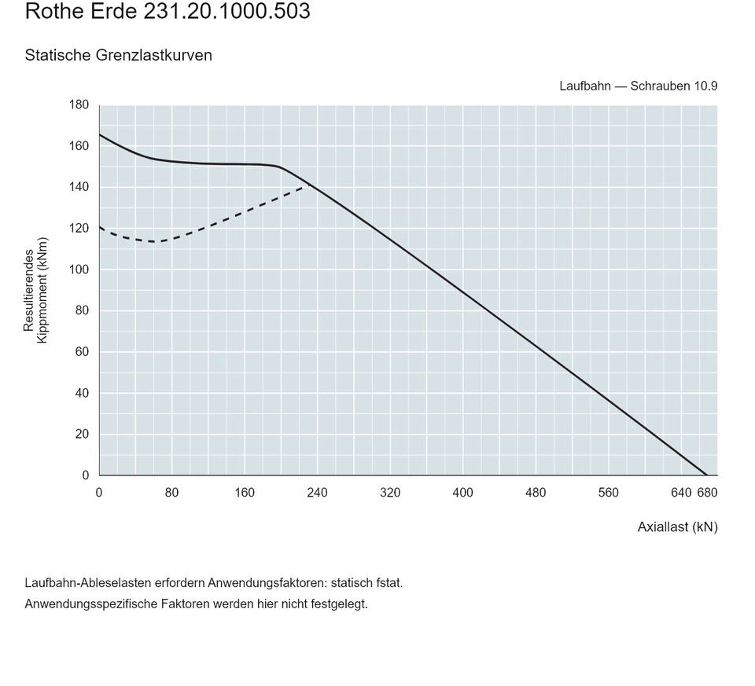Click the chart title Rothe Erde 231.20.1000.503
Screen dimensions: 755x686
click(168, 11)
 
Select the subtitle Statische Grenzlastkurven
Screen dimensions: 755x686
click(119, 55)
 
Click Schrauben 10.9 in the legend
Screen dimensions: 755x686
click(674, 86)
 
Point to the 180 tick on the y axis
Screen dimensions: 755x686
click(79, 105)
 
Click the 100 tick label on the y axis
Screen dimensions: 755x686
click(79, 270)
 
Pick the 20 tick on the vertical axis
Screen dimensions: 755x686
click(83, 434)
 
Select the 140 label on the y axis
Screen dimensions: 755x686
click(79, 187)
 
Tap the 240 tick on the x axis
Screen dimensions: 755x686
click(317, 493)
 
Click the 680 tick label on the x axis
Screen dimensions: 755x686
click(707, 493)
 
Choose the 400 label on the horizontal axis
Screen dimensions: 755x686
click(462, 493)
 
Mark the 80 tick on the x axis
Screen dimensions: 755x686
click(172, 493)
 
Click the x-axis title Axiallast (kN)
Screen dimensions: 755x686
click(677, 527)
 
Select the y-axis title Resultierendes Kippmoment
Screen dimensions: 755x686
click(35, 290)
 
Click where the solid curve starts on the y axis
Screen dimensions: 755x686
click(100, 134)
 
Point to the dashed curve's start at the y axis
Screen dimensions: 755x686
click(100, 227)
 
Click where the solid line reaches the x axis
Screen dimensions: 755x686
click(707, 475)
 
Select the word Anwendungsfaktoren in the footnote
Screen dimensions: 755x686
click(267, 583)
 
